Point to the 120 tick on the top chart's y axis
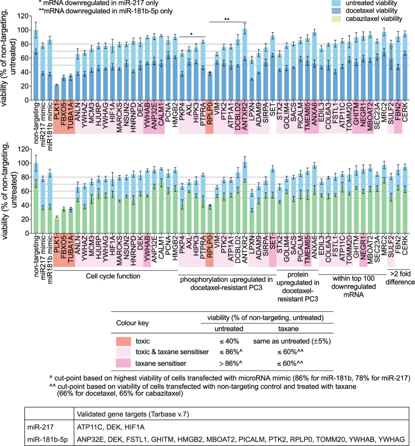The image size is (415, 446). point(21,14)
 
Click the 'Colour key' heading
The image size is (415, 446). point(132,322)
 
